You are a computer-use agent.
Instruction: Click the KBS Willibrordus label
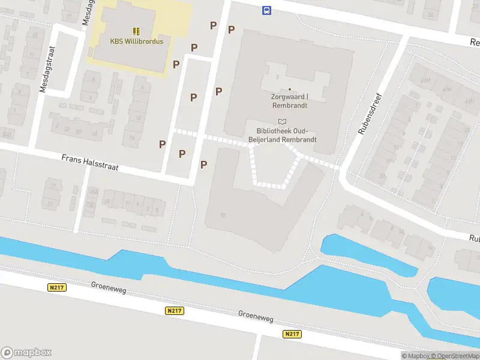[x=136, y=41]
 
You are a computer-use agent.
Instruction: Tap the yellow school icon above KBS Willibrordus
[x=136, y=31]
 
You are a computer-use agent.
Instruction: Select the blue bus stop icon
[x=266, y=10]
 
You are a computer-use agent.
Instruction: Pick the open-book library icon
[x=283, y=121]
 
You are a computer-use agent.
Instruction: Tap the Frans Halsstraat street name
[x=90, y=162]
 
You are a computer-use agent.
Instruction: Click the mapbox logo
[x=26, y=353]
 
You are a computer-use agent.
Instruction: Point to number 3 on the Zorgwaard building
[x=277, y=77]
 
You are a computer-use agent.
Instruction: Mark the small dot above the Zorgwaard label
[x=290, y=89]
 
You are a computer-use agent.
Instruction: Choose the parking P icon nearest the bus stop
[x=231, y=29]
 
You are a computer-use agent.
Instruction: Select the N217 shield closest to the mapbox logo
[x=56, y=288]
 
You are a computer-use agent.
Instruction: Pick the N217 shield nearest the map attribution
[x=292, y=334]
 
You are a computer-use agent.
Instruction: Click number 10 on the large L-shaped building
[x=223, y=215]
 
